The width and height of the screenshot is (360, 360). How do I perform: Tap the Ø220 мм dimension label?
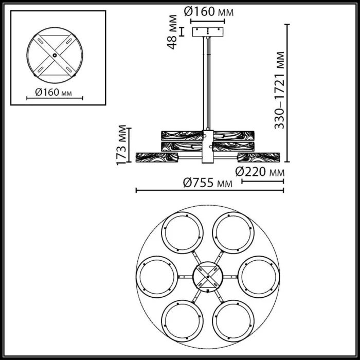(260, 172)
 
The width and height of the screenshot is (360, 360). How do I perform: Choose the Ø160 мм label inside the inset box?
(53, 93)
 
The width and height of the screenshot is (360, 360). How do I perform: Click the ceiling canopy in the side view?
(208, 31)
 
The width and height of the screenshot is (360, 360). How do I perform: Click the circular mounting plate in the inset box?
(53, 55)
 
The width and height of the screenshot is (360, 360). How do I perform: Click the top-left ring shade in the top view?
(182, 232)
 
